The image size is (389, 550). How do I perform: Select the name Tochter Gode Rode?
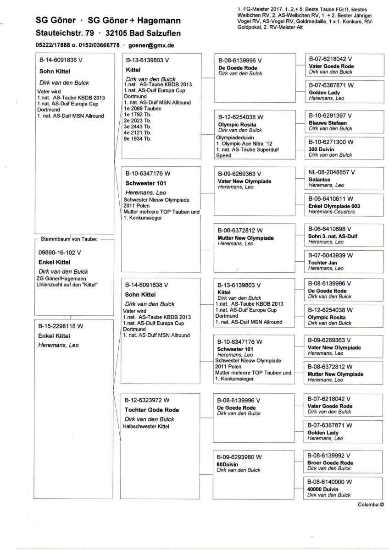tap(152, 410)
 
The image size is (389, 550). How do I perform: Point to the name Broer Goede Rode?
tap(330, 463)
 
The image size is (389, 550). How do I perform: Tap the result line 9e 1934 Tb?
tap(137, 138)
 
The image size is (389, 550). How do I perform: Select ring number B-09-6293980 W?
tap(240, 457)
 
